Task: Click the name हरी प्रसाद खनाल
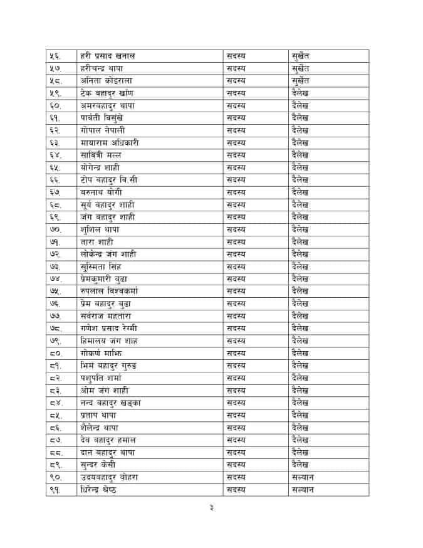coord(108,56)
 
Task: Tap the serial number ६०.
coord(55,105)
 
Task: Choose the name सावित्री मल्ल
coord(101,155)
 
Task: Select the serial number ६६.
coord(55,180)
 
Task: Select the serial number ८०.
coord(55,353)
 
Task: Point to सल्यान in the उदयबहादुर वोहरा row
coord(303,477)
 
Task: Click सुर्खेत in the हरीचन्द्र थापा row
coord(301,68)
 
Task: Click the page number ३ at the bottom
coord(211,508)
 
